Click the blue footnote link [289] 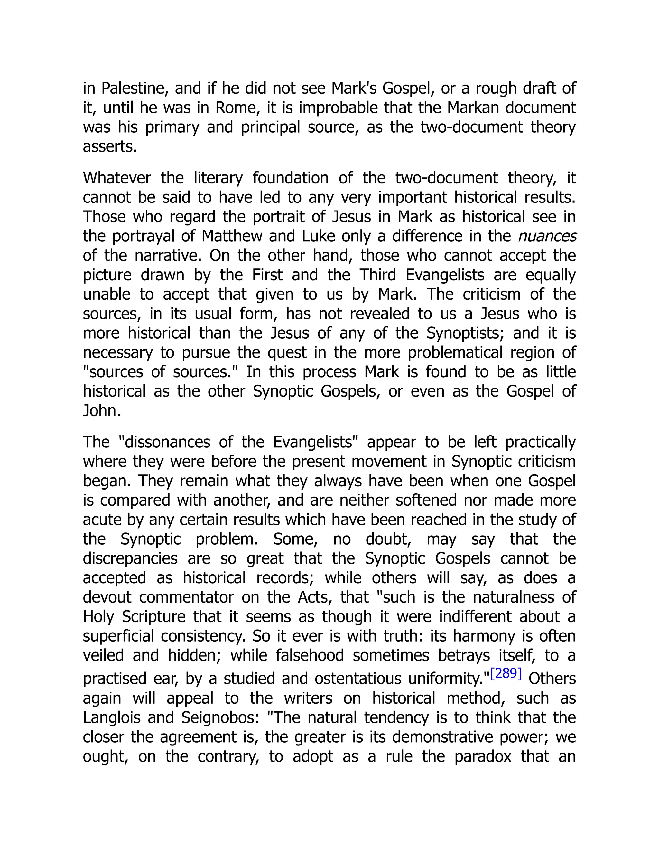[506, 674]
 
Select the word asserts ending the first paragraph [110, 147]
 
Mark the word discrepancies [130, 558]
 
